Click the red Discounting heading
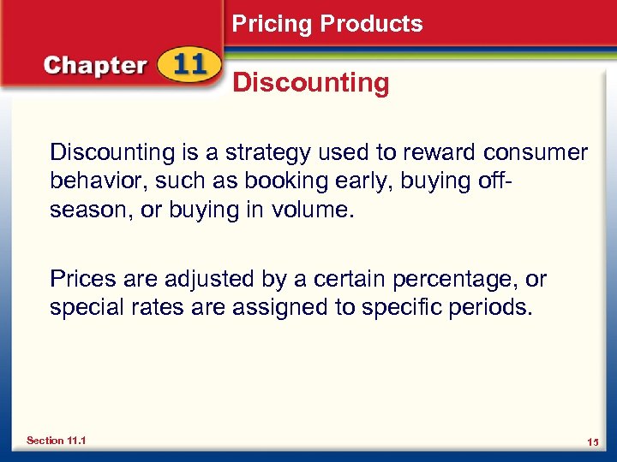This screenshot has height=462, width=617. tap(311, 83)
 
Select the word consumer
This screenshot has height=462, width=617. tap(536, 153)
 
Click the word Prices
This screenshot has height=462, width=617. tap(82, 279)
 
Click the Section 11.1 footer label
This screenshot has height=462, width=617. tap(56, 441)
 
